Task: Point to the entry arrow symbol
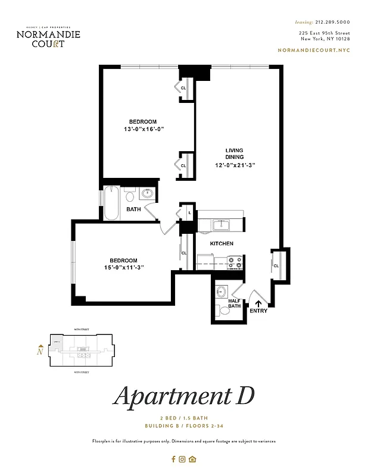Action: (258, 303)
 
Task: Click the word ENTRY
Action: (258, 311)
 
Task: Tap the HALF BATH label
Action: (235, 304)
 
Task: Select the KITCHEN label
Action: (222, 244)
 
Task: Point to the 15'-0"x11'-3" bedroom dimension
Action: (123, 268)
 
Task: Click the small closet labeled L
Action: (189, 212)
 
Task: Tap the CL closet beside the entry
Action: (276, 265)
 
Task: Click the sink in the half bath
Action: (222, 292)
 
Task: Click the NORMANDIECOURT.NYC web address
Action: (314, 50)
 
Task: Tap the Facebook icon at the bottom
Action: (173, 459)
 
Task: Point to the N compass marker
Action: (40, 350)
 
